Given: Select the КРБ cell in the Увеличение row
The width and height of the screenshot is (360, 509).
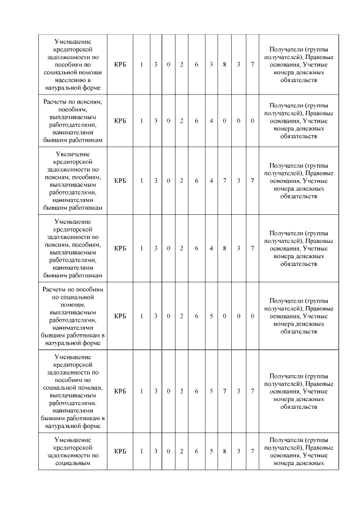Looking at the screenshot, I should [120, 181].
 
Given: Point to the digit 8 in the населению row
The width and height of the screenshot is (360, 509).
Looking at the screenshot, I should [224, 65].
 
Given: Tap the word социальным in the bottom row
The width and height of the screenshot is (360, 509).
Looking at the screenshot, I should [74, 463].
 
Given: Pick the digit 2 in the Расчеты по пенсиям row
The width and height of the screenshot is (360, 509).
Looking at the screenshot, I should [182, 121].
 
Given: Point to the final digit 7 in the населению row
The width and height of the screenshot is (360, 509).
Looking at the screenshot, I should [253, 65].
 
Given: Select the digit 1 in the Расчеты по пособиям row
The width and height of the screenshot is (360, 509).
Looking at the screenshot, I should [142, 316].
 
